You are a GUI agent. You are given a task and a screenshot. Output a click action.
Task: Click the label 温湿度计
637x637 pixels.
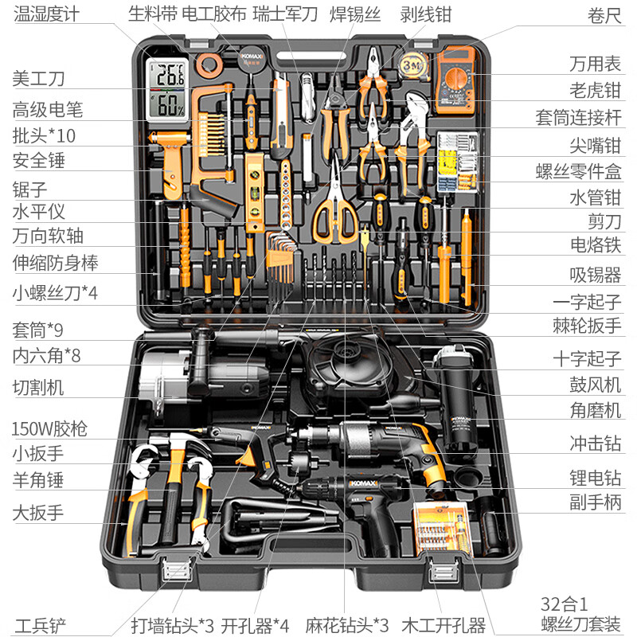45,14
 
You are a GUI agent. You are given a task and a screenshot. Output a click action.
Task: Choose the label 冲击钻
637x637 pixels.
595,444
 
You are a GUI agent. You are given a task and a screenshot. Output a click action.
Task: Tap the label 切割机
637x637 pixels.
37,388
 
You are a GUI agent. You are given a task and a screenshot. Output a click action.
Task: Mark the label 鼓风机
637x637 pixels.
595,385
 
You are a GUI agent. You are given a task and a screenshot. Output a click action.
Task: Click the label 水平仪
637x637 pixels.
37,211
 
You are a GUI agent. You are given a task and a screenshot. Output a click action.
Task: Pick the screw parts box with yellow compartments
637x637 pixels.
456,161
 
